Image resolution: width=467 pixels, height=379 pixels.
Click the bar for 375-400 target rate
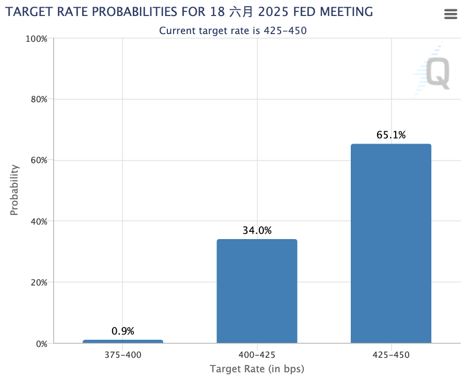pyautogui.click(x=122, y=341)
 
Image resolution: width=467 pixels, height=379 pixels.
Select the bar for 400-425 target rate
pyautogui.click(x=257, y=291)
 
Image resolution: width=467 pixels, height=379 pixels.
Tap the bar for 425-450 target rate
pyautogui.click(x=391, y=243)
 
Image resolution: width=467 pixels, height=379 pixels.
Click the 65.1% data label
pyautogui.click(x=391, y=135)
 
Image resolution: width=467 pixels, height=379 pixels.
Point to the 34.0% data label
pyautogui.click(x=257, y=231)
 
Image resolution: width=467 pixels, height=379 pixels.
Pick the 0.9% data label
pyautogui.click(x=122, y=331)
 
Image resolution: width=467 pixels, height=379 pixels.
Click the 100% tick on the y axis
pyautogui.click(x=36, y=39)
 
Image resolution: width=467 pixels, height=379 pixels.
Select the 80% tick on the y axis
pyautogui.click(x=38, y=99)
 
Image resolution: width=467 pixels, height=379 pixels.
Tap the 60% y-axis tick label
pyautogui.click(x=38, y=160)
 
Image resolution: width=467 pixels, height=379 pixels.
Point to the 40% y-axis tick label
pyautogui.click(x=38, y=221)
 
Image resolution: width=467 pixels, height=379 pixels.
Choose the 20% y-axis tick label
pyautogui.click(x=38, y=282)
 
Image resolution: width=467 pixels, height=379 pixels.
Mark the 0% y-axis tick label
pyautogui.click(x=40, y=343)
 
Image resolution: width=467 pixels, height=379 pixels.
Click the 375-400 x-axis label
pyautogui.click(x=122, y=355)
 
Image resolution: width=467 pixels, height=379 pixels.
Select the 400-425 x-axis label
pyautogui.click(x=257, y=355)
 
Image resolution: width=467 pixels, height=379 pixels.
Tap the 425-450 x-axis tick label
pyautogui.click(x=391, y=355)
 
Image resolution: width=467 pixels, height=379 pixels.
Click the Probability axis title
pyautogui.click(x=14, y=189)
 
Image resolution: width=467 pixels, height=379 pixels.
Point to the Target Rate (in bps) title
pyautogui.click(x=257, y=369)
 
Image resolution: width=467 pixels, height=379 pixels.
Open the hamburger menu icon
pyautogui.click(x=451, y=14)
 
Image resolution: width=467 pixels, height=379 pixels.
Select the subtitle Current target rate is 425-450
pyautogui.click(x=233, y=30)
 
